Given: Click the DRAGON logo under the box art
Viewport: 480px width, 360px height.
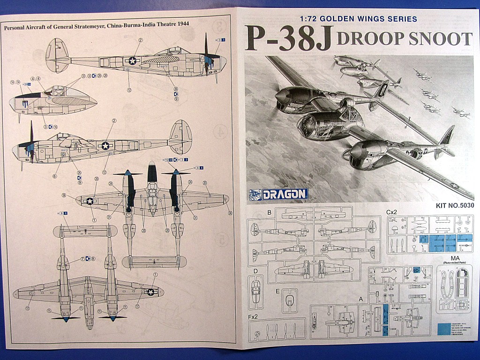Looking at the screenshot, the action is pos(278,194).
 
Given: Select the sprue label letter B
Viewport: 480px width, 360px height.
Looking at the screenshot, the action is pos(269,212).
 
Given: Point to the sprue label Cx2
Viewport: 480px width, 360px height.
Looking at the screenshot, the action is pos(392,212).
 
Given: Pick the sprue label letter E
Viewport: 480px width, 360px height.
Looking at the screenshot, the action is pos(278,291).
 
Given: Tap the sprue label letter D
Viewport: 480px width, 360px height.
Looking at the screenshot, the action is pos(255,270).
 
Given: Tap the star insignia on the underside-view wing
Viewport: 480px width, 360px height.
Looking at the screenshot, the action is pos(151,292).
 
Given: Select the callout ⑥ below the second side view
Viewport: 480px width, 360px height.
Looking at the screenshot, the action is pos(54,176).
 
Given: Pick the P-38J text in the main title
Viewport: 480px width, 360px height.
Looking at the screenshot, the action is pos(288,39).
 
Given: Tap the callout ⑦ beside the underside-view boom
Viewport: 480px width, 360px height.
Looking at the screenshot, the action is pos(82,258).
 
